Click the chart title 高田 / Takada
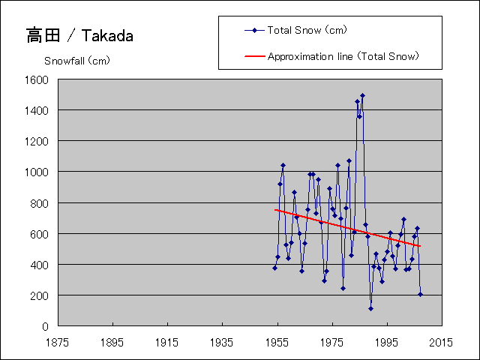click(x=79, y=35)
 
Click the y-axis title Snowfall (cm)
click(x=77, y=61)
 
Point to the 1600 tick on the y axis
click(x=38, y=79)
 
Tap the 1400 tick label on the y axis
click(x=38, y=110)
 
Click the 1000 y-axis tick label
click(x=38, y=172)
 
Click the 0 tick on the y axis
click(x=47, y=326)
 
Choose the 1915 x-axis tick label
click(x=167, y=341)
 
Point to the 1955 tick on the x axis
click(x=277, y=341)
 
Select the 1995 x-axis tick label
click(x=387, y=341)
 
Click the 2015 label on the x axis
click(x=442, y=341)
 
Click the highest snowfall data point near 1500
click(x=362, y=96)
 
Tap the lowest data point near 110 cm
click(x=370, y=308)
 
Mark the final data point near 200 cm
click(x=420, y=294)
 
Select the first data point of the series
click(x=274, y=268)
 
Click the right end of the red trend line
click(x=420, y=246)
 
